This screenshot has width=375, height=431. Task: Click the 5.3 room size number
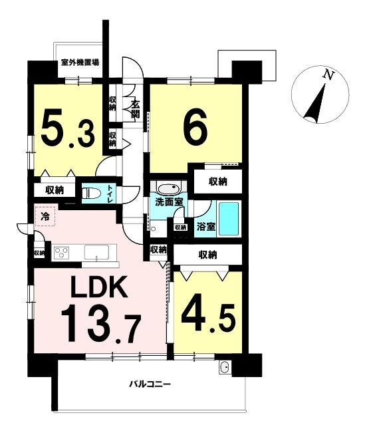coord(68,129)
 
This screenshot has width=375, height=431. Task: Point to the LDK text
coord(100,287)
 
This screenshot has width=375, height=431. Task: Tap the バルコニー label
coord(150,384)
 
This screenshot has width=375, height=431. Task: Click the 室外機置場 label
coord(80,63)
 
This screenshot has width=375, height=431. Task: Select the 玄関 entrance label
coord(135,109)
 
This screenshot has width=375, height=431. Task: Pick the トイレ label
coord(110,194)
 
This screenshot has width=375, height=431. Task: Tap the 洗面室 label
coord(169,202)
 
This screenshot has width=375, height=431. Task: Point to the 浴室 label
coord(206,227)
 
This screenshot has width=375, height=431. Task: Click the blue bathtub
coord(229,219)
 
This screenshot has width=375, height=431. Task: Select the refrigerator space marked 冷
coord(45,216)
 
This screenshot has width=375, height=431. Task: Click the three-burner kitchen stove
coord(62,253)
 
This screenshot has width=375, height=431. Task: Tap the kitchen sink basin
coord(96,252)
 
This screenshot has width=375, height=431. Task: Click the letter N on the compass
coord(329,74)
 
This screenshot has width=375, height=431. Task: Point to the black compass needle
coord(315,104)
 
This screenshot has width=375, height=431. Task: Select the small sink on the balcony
coord(225,367)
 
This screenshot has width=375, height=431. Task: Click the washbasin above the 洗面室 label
coord(168,188)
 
